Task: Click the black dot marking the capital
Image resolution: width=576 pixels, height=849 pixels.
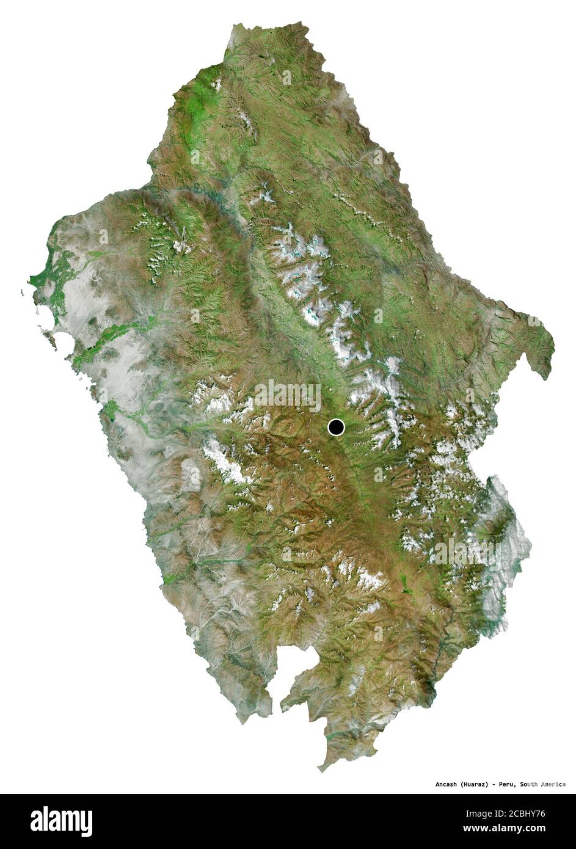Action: (x=336, y=427)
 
